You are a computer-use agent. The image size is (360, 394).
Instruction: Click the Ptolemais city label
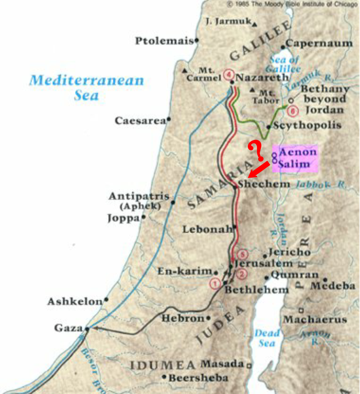pos(165,41)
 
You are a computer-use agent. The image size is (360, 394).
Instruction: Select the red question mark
pos(255,151)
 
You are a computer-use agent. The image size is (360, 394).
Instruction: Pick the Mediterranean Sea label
pos(86,88)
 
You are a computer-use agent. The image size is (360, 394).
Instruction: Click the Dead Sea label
pos(267,338)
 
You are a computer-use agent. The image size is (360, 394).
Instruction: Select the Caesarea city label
pos(140,121)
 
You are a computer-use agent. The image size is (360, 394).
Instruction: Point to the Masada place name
pos(222,364)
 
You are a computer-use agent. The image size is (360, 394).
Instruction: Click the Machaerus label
pos(315,319)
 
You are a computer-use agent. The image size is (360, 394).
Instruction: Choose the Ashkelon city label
pos(75,301)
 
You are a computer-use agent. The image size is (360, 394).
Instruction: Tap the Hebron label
pos(183,318)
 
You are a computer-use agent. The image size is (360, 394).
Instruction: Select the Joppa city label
pos(123,219)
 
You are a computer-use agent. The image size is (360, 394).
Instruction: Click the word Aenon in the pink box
pos(297,152)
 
